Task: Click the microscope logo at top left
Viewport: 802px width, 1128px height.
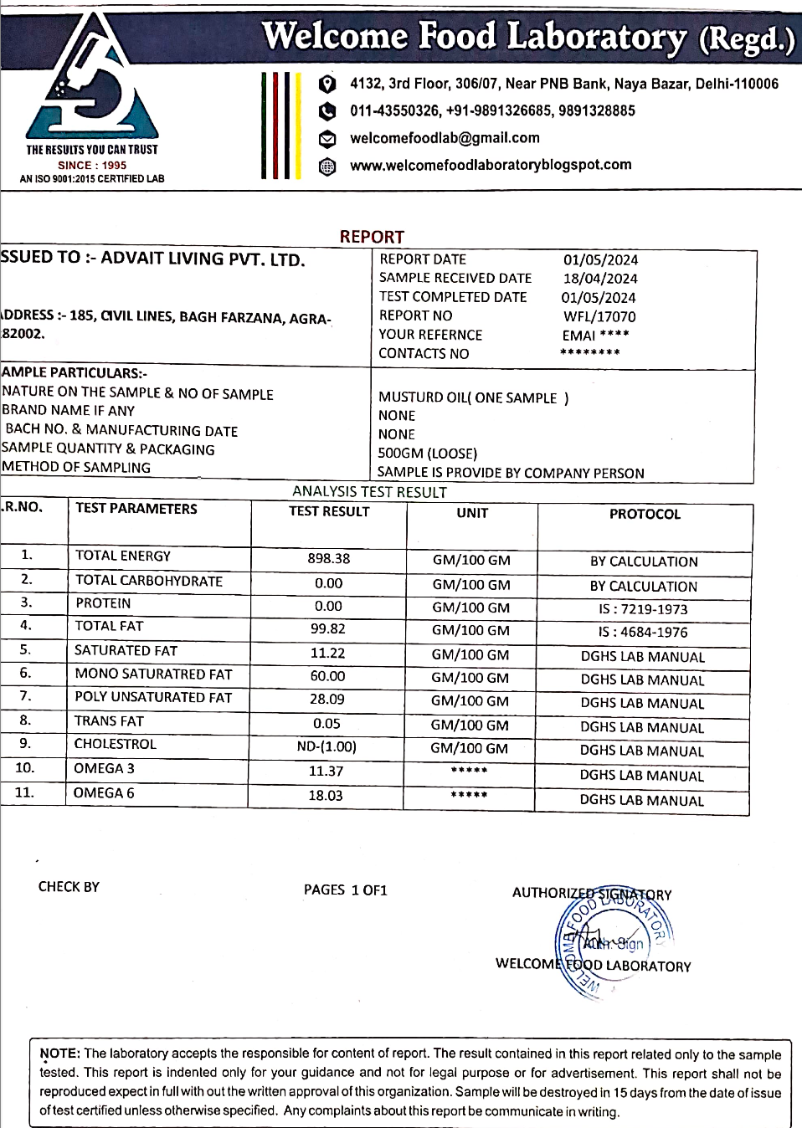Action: pos(91,79)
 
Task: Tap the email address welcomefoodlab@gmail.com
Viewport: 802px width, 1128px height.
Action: pos(445,138)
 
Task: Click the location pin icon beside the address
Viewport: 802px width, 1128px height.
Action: pos(327,84)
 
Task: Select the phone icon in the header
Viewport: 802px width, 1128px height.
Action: pos(327,111)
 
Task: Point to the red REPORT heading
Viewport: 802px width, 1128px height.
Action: pos(372,237)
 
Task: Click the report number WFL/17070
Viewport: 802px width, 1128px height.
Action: pos(599,316)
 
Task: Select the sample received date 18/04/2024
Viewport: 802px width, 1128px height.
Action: pos(600,279)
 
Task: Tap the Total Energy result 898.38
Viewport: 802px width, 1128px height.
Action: pos(329,558)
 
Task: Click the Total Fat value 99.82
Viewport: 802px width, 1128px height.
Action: pos(328,628)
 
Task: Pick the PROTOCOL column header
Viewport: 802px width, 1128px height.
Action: pos(645,514)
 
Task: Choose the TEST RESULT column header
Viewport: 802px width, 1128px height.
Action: pos(329,511)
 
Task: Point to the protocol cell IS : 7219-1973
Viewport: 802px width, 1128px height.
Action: pos(643,609)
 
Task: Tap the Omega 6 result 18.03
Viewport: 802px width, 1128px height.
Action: pos(326,795)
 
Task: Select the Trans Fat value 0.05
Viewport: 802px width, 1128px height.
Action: pos(326,723)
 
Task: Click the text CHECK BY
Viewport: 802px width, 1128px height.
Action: pos(69,887)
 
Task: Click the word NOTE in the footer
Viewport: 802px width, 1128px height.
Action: pos(59,1054)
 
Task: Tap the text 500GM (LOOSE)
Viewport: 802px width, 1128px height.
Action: pos(427,454)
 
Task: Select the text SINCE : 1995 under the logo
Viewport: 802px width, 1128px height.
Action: pos(92,165)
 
